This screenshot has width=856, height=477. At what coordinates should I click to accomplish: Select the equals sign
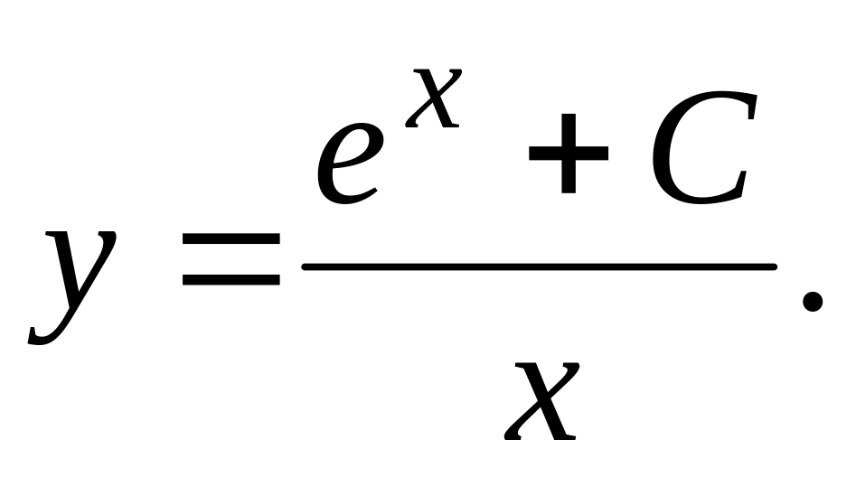pos(230,261)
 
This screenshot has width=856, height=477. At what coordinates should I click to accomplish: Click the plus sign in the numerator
pos(568,154)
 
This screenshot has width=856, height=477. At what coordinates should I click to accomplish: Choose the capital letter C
pos(701,149)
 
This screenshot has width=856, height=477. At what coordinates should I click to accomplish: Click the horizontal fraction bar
pos(540,267)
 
